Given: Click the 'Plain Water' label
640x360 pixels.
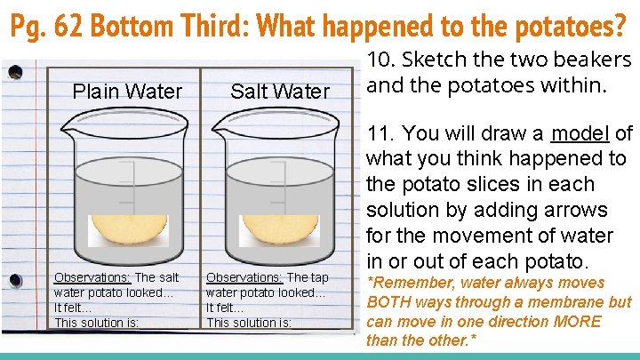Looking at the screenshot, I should point(126,92).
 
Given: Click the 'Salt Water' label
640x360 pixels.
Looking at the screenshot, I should point(279,92).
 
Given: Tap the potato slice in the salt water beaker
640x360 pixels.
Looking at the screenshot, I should point(279,230).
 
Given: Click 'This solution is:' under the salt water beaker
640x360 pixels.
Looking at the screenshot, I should point(248,322).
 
